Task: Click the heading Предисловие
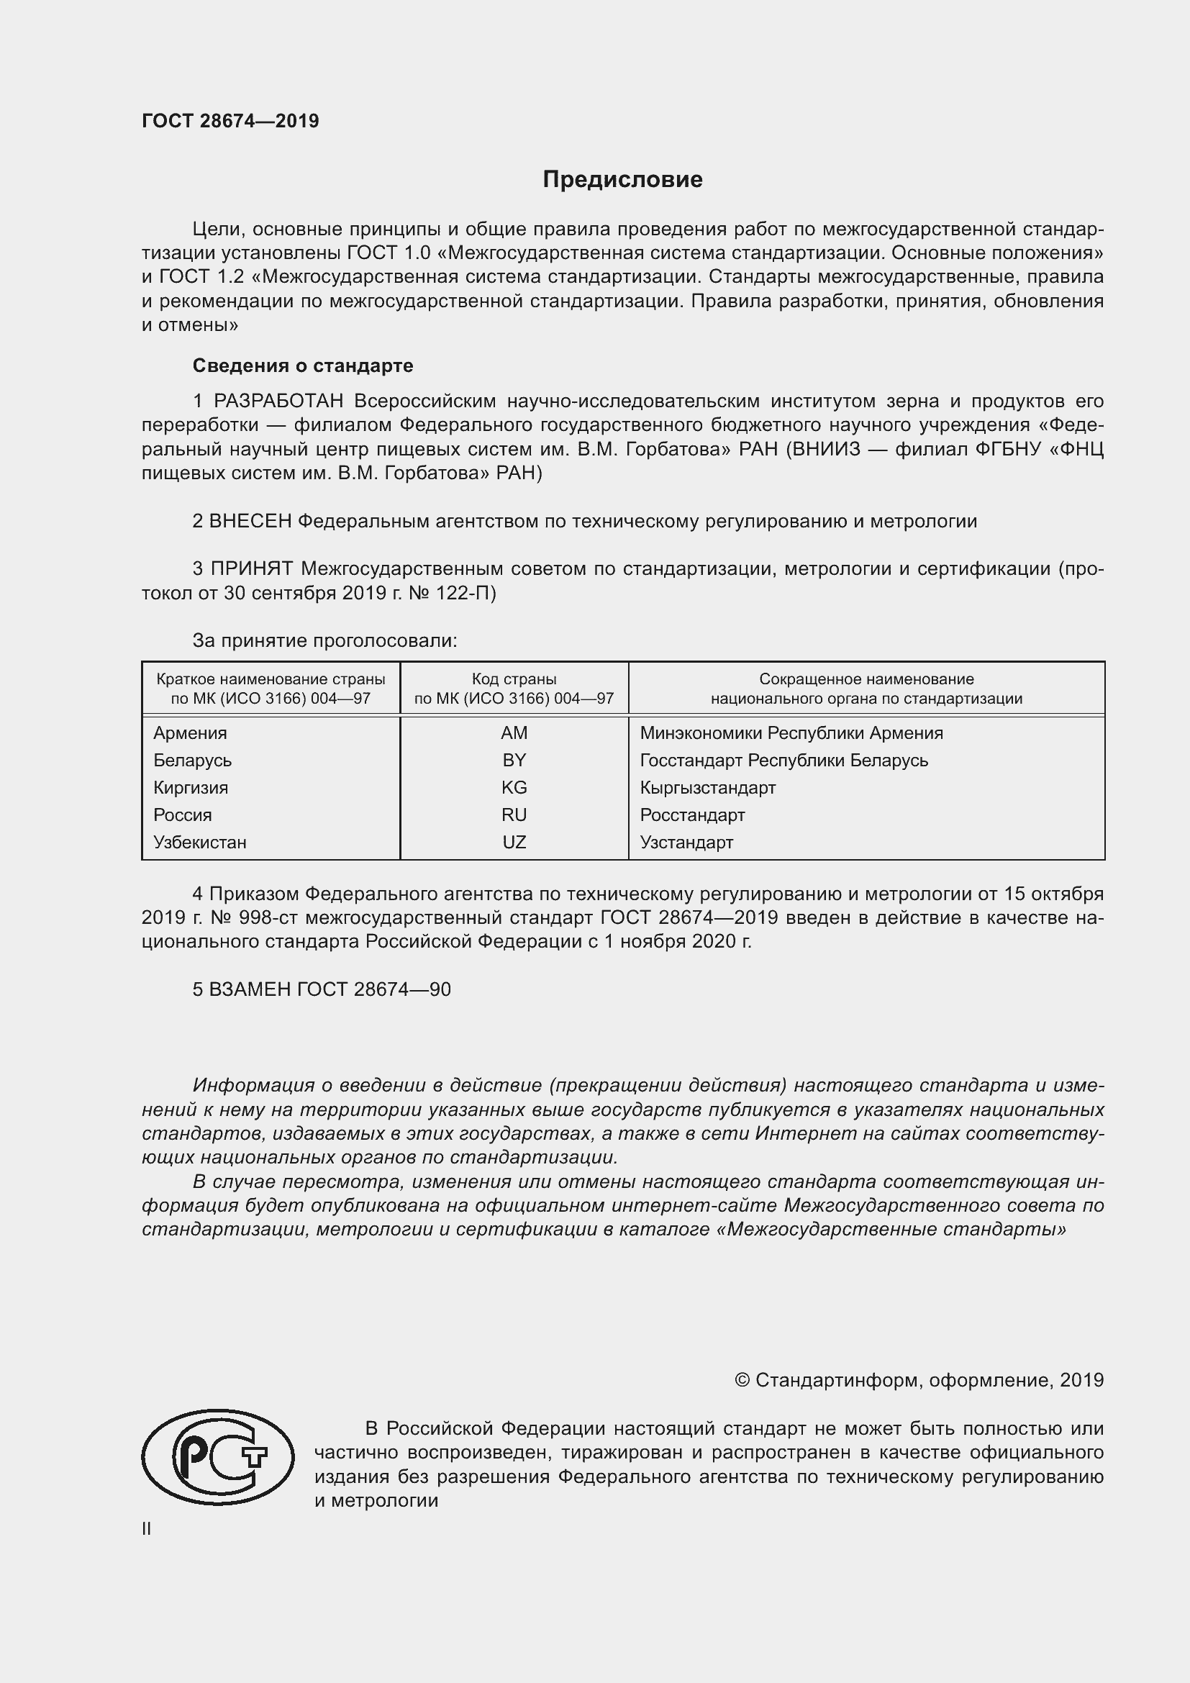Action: (x=622, y=180)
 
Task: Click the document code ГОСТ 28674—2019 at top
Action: (x=230, y=121)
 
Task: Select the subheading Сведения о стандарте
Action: (x=303, y=365)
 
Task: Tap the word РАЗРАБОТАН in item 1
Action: (x=278, y=401)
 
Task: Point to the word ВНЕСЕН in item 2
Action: (x=250, y=521)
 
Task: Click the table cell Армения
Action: (x=191, y=733)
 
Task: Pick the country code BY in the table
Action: (x=514, y=760)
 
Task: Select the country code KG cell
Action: (x=514, y=787)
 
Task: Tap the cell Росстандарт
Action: (x=691, y=815)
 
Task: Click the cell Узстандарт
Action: (x=686, y=843)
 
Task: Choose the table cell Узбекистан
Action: (x=200, y=843)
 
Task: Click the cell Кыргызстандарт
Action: (x=707, y=788)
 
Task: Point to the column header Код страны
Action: (x=514, y=679)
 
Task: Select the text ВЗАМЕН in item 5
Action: (x=250, y=989)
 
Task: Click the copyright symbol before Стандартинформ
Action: (x=742, y=1380)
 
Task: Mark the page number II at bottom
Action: (x=147, y=1529)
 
